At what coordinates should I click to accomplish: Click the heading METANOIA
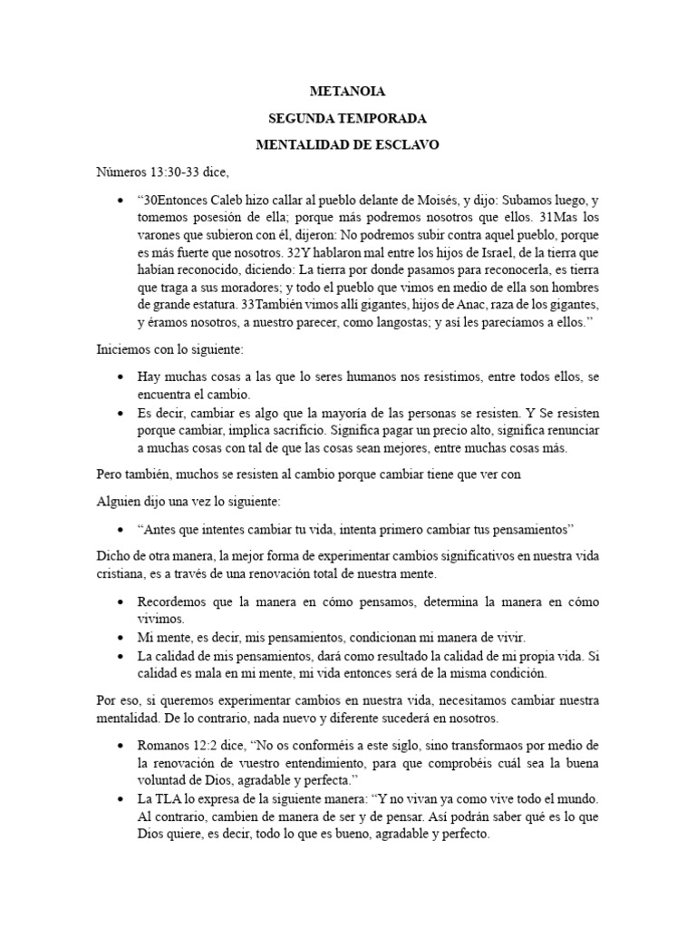tap(348, 92)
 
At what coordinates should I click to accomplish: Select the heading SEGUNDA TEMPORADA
tap(348, 118)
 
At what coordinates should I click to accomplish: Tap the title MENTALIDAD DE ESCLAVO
tap(348, 144)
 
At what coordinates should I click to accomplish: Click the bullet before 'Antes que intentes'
tap(121, 529)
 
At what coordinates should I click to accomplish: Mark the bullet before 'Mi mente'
tap(121, 637)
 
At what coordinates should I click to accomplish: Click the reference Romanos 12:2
tap(180, 745)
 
